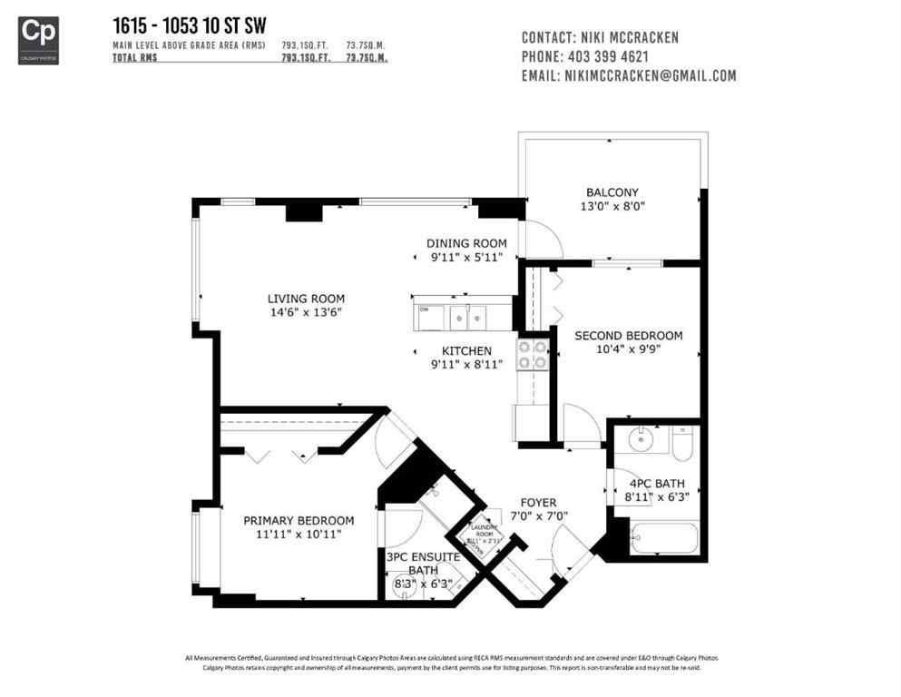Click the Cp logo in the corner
(x=38, y=39)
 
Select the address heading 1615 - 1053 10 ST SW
(x=189, y=25)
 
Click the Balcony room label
(x=612, y=192)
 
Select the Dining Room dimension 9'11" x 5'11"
(x=466, y=258)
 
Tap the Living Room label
(x=305, y=299)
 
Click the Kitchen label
(x=466, y=351)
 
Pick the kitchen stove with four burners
(x=533, y=355)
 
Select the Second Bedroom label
(x=628, y=336)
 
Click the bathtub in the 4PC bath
(x=665, y=538)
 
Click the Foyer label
(x=538, y=503)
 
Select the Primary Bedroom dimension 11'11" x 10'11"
(x=299, y=535)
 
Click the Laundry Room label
(x=482, y=531)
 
